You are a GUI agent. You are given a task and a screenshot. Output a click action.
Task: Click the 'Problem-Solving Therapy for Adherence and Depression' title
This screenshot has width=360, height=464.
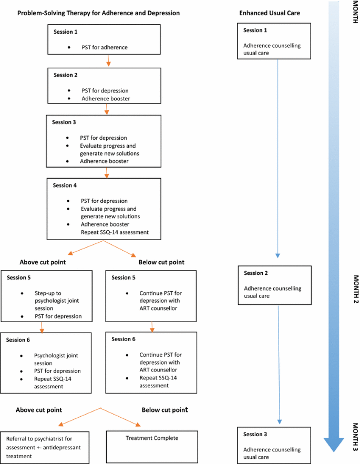coord(98,13)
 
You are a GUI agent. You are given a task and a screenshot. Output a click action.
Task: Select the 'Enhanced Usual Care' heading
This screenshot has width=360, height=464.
coord(270,13)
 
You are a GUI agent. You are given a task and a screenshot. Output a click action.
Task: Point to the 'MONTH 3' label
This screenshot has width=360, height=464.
coord(355,437)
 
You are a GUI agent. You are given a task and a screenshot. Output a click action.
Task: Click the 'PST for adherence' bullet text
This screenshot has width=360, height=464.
coord(105,48)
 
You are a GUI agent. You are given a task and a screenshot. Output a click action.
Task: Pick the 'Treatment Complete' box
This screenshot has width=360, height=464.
coord(152,438)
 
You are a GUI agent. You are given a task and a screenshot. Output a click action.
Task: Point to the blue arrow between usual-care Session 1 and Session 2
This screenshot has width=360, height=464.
coord(278,158)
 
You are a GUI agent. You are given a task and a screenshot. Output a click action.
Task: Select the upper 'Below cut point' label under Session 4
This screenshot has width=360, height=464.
coord(161,262)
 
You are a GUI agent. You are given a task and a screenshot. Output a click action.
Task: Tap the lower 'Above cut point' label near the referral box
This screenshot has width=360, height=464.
coord(39,409)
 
